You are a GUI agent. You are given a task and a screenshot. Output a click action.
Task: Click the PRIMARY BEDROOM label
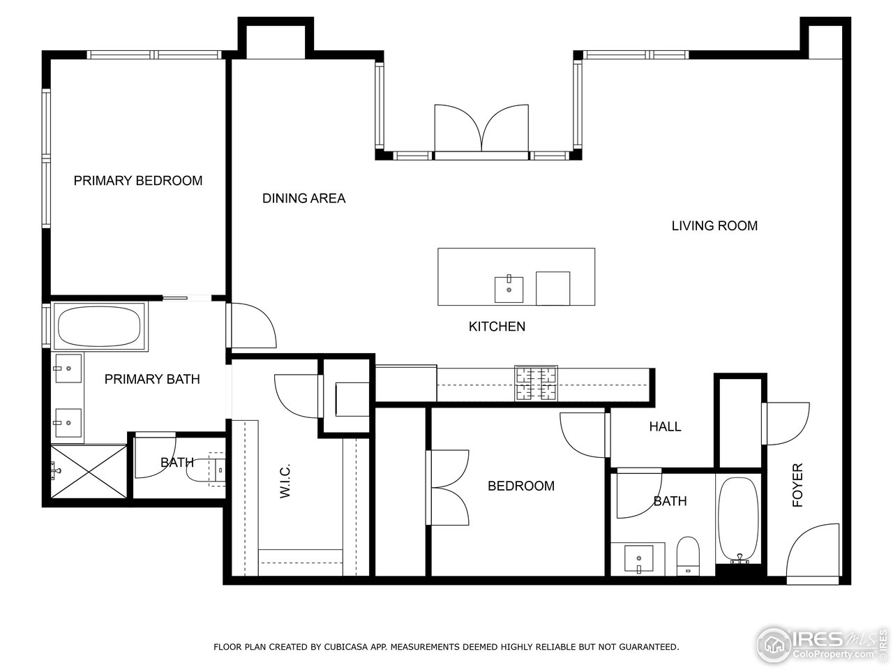pyautogui.click(x=138, y=181)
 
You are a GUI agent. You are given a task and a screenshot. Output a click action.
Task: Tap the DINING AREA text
pyautogui.click(x=303, y=198)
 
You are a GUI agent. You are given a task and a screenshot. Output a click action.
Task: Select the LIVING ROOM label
pyautogui.click(x=714, y=225)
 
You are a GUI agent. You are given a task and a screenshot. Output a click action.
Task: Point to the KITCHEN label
pyautogui.click(x=497, y=326)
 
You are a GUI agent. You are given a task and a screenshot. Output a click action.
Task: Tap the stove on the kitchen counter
pyautogui.click(x=536, y=383)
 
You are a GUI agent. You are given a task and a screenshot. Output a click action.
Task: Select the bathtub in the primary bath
pyautogui.click(x=99, y=327)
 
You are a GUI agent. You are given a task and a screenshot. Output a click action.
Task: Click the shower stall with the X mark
pyautogui.click(x=89, y=472)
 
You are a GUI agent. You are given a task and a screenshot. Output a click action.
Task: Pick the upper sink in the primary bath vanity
pyautogui.click(x=68, y=368)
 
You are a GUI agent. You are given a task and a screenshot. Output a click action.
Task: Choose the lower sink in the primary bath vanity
pyautogui.click(x=68, y=422)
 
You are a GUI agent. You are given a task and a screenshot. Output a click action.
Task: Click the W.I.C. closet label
pyautogui.click(x=285, y=482)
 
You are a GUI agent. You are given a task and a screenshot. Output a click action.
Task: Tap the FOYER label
pyautogui.click(x=797, y=485)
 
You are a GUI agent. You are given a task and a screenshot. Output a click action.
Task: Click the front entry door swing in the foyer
pyautogui.click(x=813, y=553)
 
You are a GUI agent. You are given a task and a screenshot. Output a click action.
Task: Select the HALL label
pyautogui.click(x=665, y=426)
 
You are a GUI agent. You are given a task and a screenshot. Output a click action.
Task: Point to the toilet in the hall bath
pyautogui.click(x=688, y=556)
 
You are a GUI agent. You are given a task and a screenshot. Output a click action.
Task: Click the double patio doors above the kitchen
pyautogui.click(x=481, y=128)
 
